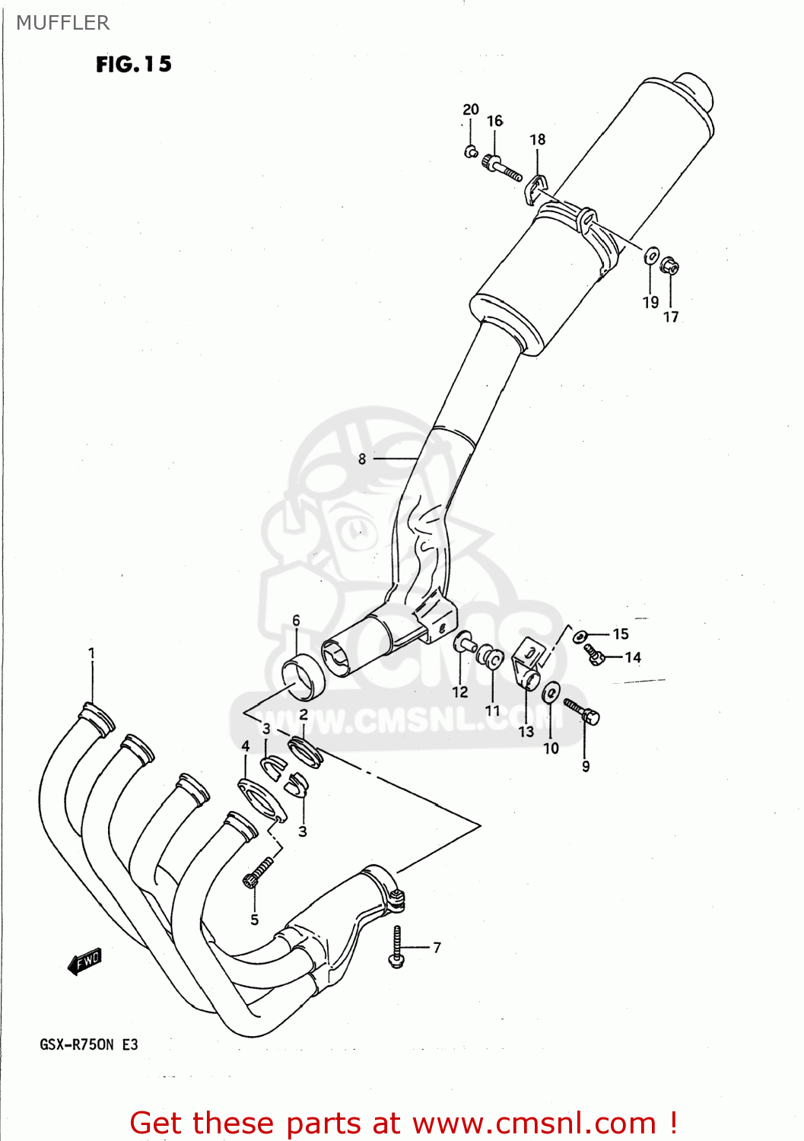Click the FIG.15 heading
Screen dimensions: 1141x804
pyautogui.click(x=134, y=65)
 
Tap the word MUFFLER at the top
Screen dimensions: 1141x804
pyautogui.click(x=63, y=23)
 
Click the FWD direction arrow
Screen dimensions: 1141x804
pyautogui.click(x=85, y=961)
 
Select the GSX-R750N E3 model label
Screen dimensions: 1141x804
pyautogui.click(x=89, y=1044)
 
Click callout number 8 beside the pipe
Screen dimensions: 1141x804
pyautogui.click(x=362, y=459)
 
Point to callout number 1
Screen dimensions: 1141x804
pyautogui.click(x=91, y=653)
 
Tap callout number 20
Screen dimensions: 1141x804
pyautogui.click(x=471, y=110)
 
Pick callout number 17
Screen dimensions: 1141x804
pyautogui.click(x=671, y=316)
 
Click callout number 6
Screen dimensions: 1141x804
pyautogui.click(x=296, y=620)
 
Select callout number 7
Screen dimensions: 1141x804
pyautogui.click(x=437, y=947)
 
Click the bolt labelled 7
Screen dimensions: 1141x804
pyautogui.click(x=396, y=948)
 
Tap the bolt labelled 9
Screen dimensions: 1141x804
pyautogui.click(x=583, y=712)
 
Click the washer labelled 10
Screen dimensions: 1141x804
pyautogui.click(x=551, y=693)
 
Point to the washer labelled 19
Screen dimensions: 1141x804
pyautogui.click(x=651, y=256)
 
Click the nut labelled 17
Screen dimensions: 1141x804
pyautogui.click(x=669, y=266)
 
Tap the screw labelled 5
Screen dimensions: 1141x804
pyautogui.click(x=258, y=872)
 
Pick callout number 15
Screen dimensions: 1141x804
pyautogui.click(x=621, y=634)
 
